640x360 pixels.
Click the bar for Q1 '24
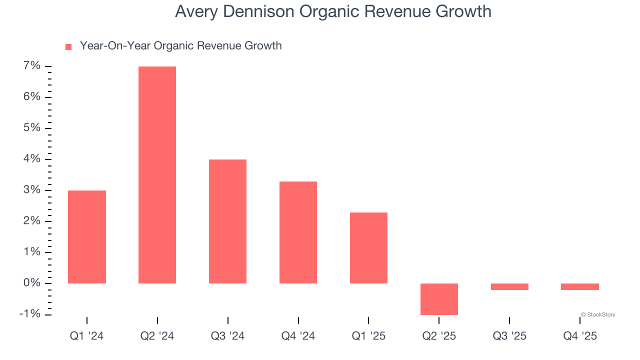(87, 237)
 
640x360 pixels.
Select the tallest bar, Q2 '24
(157, 175)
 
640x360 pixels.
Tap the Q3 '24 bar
(227, 221)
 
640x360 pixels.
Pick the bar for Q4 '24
(298, 232)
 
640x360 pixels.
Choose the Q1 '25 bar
(368, 248)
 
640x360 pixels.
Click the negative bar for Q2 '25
(439, 299)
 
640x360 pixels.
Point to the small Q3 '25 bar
(509, 286)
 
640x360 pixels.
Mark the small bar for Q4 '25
(580, 286)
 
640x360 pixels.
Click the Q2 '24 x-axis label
(157, 336)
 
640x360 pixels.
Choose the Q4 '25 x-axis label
(580, 336)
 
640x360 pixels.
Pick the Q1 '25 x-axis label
(368, 336)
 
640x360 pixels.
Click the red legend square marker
(68, 47)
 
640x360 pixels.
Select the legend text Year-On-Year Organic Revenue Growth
(180, 46)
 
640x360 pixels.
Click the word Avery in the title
(196, 11)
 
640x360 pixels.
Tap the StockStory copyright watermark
(598, 315)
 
